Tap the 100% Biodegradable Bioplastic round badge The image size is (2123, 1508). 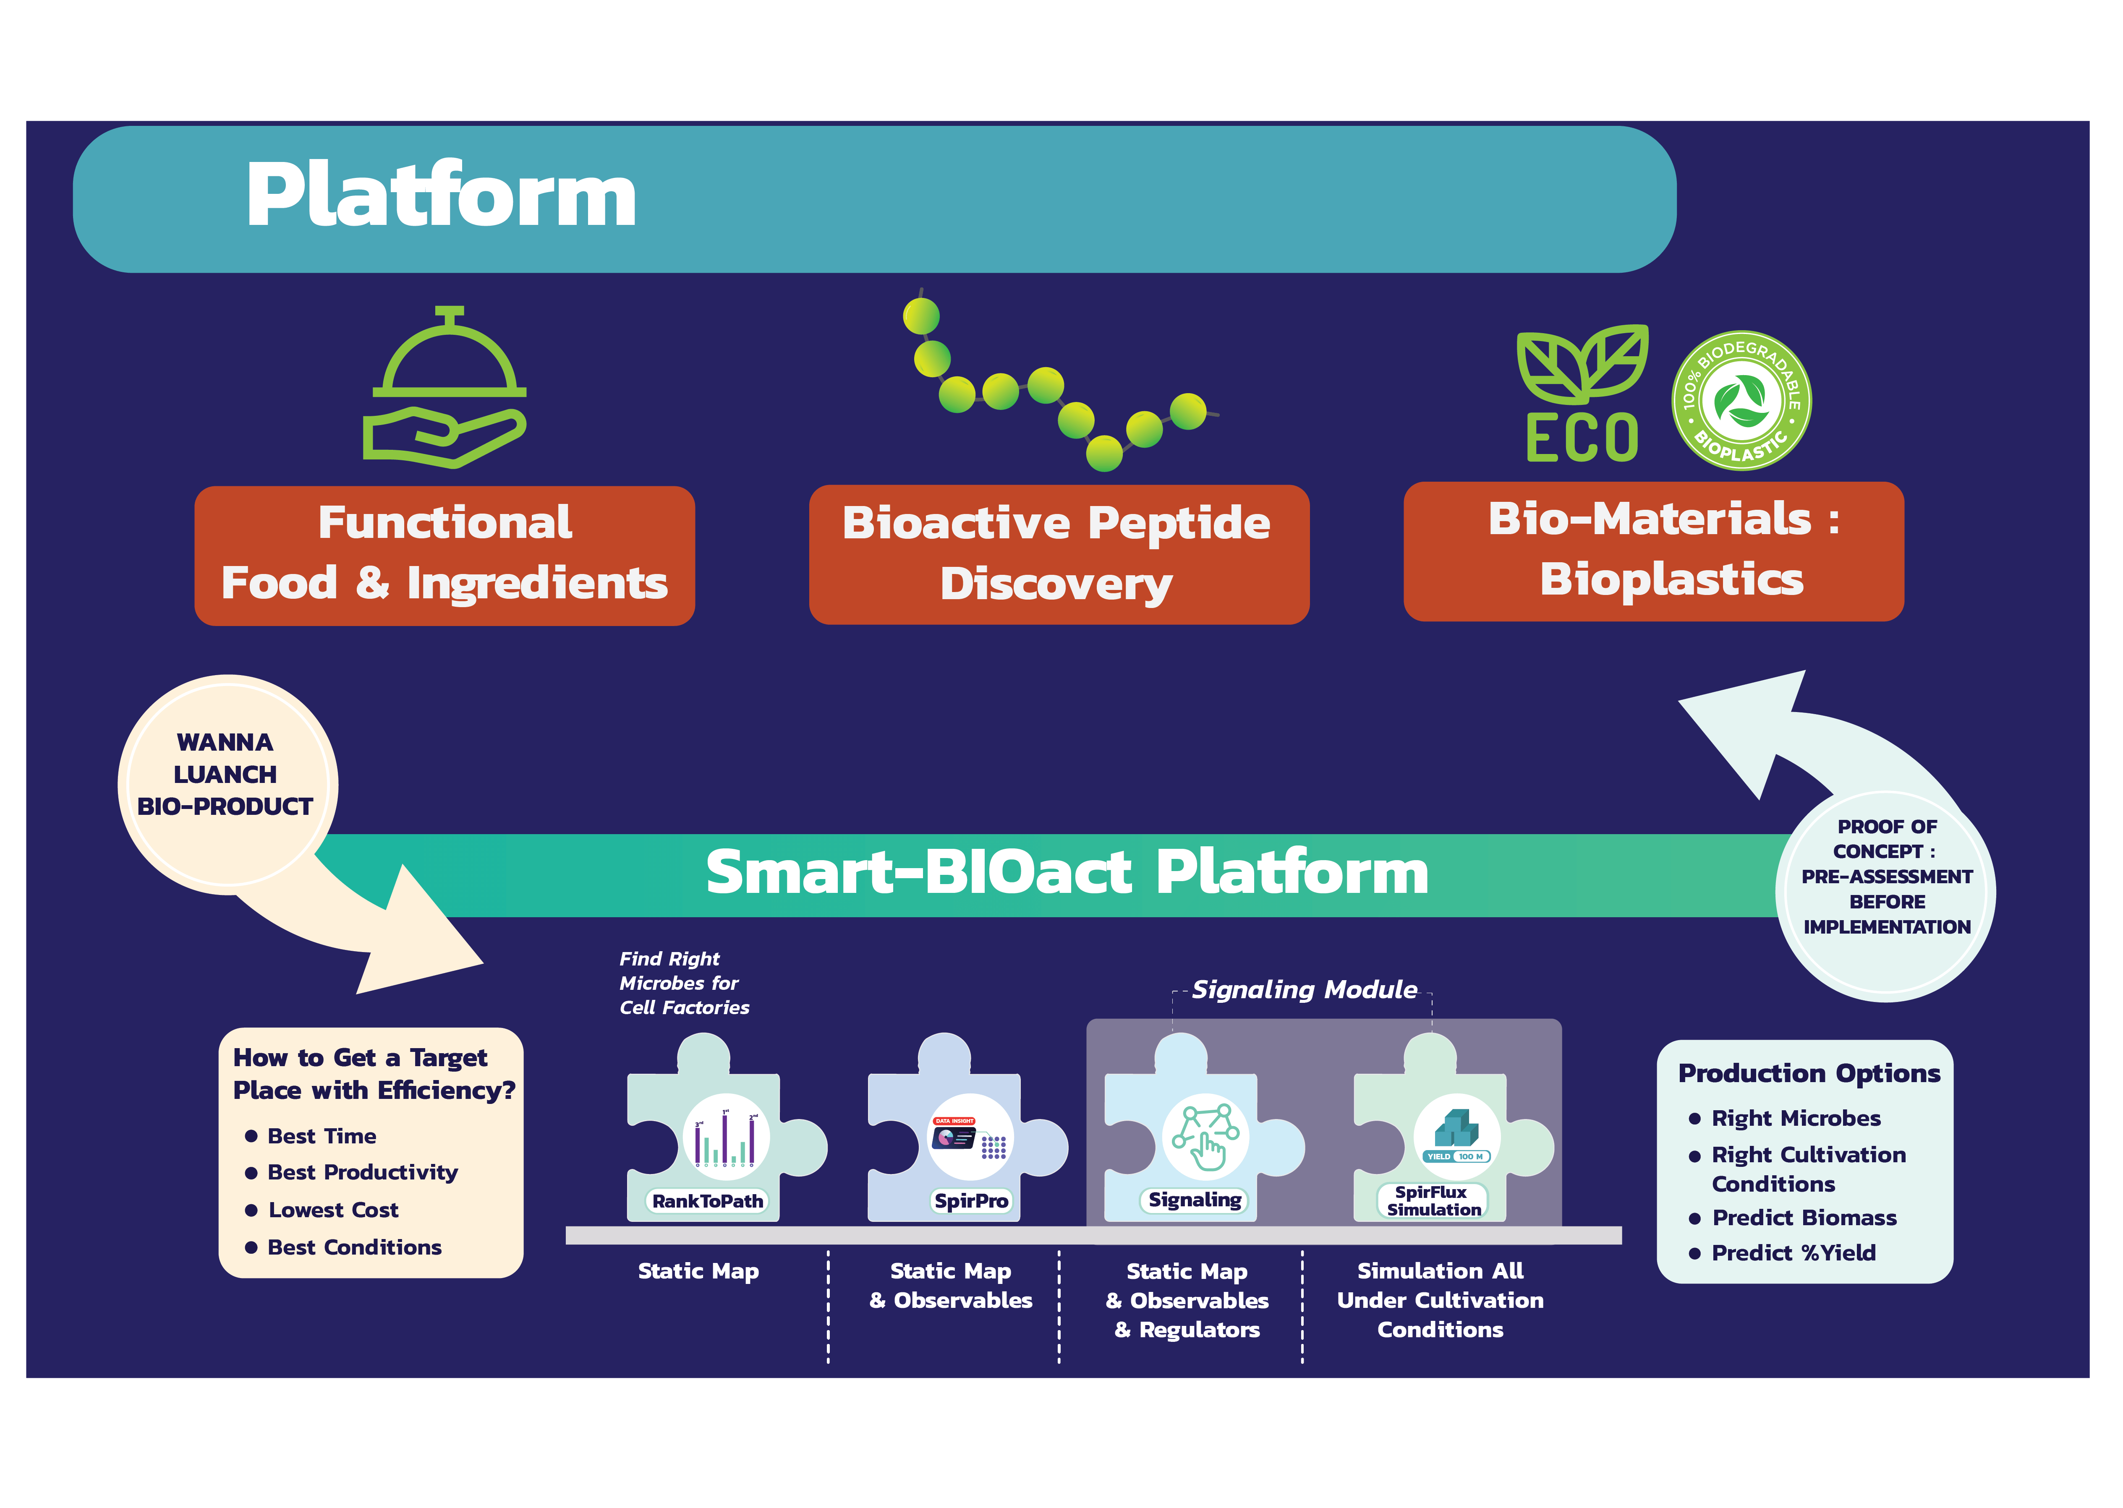pos(1741,400)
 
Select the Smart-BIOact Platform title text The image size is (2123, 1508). pos(1066,873)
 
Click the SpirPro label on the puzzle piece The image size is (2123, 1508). pos(970,1200)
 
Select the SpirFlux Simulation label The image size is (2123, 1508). pos(1433,1200)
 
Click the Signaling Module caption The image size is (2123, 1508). pos(1304,990)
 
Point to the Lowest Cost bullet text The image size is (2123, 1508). pos(333,1210)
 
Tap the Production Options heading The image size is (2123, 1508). pos(1808,1073)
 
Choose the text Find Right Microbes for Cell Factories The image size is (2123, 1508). pos(683,984)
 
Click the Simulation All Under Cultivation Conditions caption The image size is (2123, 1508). pos(1440,1300)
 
